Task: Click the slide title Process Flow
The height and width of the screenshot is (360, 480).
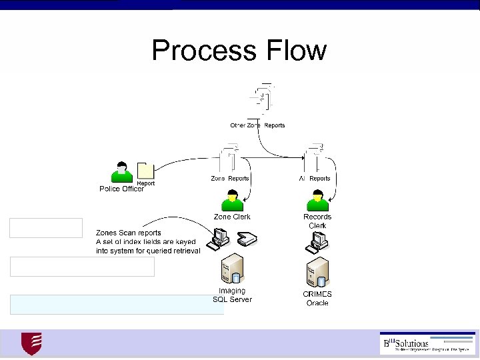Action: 239,50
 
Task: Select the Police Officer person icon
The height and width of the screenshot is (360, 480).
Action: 121,172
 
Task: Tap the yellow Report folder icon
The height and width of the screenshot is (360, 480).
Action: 145,171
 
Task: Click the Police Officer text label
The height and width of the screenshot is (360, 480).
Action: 122,189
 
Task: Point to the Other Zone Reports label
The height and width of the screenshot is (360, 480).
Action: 257,125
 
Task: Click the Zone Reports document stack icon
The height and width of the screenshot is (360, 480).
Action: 228,160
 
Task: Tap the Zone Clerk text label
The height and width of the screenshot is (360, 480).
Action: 232,217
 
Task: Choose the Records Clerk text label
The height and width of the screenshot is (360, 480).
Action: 317,221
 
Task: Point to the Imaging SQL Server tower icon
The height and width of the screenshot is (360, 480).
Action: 232,269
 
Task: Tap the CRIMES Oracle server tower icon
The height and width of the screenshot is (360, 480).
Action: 317,272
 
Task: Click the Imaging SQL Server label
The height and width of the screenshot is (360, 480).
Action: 232,295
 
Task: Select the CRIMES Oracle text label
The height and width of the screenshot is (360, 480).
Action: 317,298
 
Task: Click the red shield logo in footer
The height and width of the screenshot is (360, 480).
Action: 31,343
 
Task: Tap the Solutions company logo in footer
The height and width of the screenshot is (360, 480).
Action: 427,343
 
